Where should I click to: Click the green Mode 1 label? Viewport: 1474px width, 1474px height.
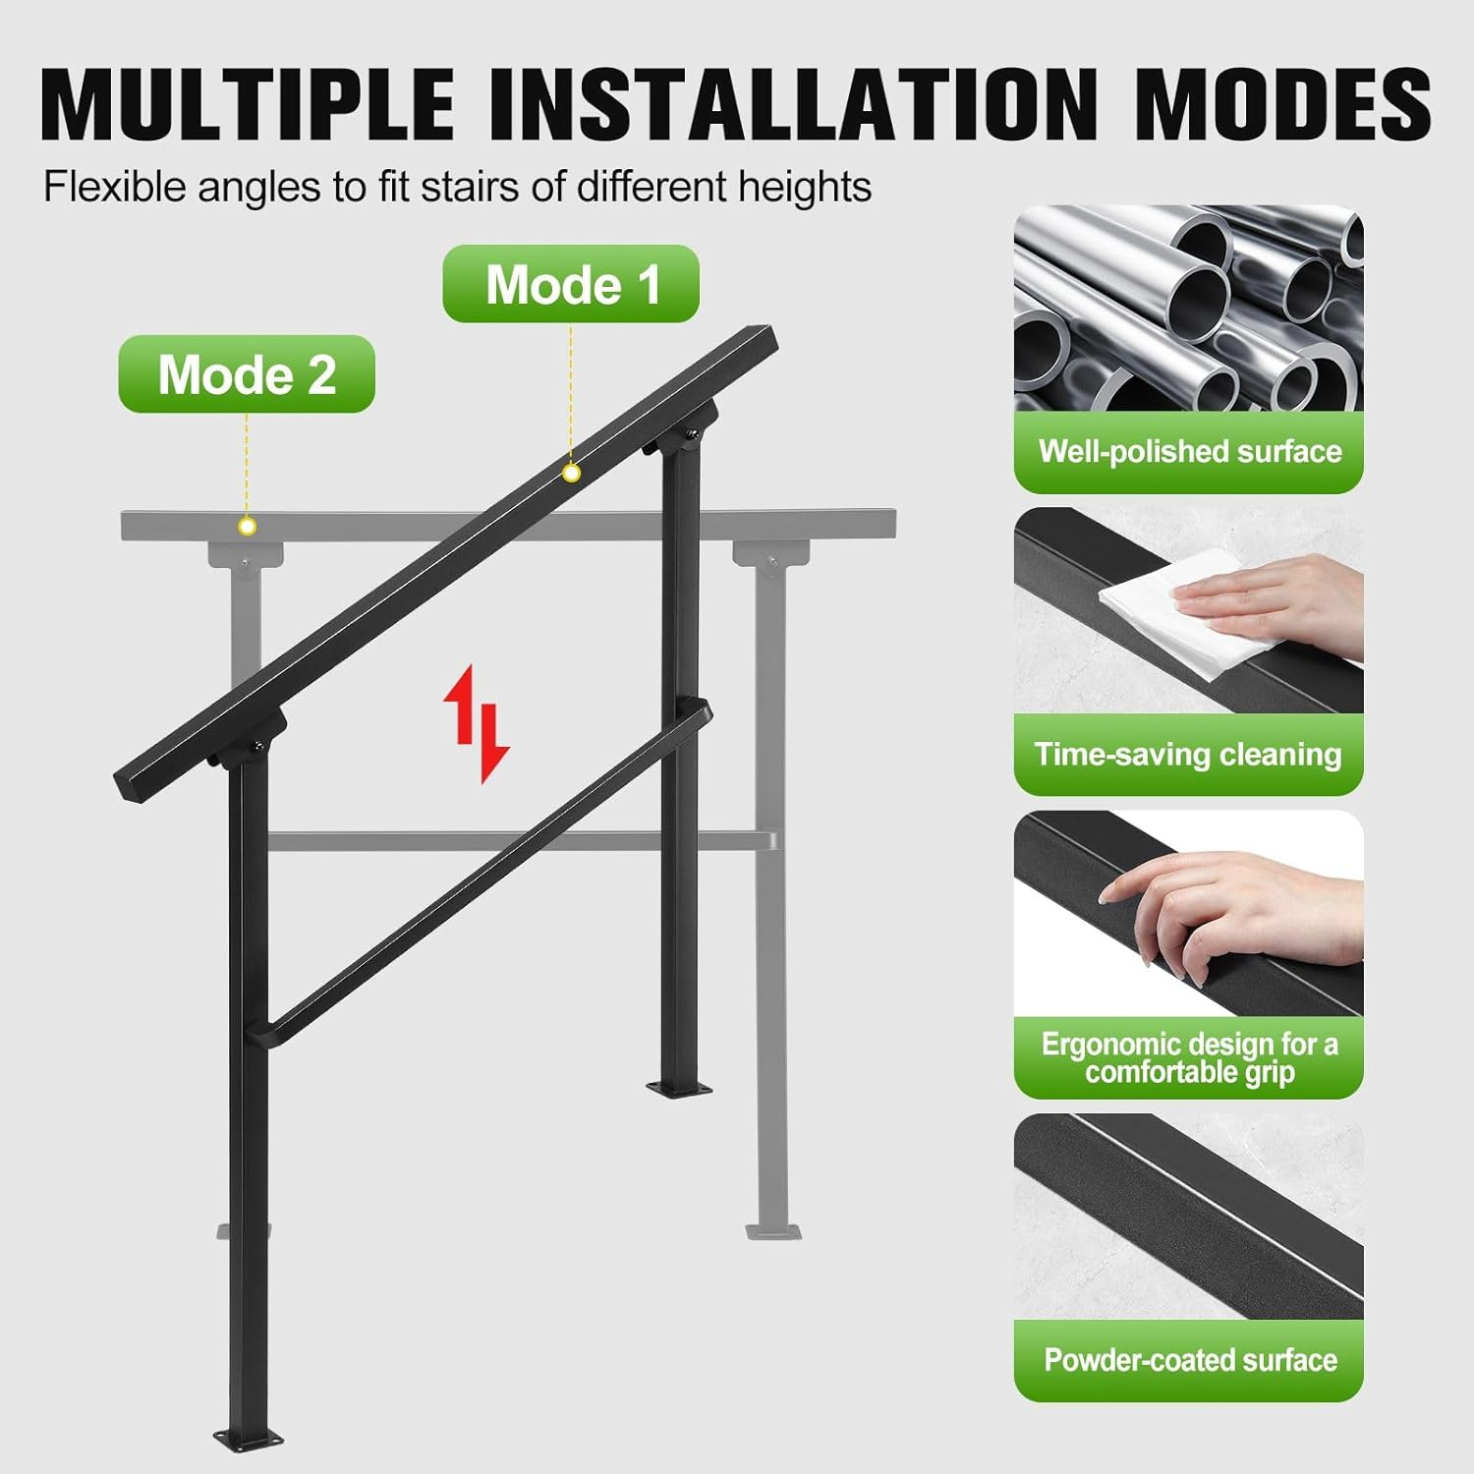(x=571, y=284)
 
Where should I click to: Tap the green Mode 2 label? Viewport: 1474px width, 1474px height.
(x=247, y=374)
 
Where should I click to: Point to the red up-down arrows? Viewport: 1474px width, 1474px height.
(x=477, y=724)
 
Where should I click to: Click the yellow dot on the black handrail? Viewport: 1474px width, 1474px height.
(x=571, y=474)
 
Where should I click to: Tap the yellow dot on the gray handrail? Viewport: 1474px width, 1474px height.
(x=248, y=527)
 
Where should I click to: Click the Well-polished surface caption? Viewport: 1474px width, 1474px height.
(x=1189, y=451)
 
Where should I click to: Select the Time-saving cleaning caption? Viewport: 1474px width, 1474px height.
(x=1188, y=754)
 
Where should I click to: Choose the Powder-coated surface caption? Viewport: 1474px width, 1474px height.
(x=1189, y=1360)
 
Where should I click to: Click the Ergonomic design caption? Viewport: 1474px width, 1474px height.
(x=1189, y=1057)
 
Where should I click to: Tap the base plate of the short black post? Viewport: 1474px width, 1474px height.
(x=679, y=1089)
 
